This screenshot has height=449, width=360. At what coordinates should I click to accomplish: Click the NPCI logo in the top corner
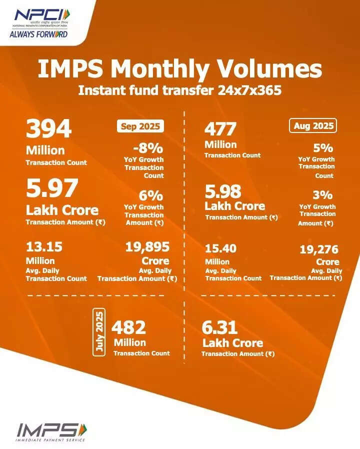39,22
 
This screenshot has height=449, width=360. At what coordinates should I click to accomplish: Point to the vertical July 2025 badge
99,333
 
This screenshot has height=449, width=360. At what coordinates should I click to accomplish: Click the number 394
49,130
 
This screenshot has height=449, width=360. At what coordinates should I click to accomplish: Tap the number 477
220,129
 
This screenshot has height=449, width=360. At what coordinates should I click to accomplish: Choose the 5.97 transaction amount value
52,189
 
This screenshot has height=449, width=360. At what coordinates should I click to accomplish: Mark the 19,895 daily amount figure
148,246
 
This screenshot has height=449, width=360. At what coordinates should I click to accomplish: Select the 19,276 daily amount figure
319,249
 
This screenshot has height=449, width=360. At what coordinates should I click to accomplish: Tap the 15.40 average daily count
220,248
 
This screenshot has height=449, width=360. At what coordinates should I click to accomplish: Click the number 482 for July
128,327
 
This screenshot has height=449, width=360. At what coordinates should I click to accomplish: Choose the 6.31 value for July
219,328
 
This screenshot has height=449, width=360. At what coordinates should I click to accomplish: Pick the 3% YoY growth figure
323,195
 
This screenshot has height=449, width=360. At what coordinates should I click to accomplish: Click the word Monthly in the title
158,69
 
